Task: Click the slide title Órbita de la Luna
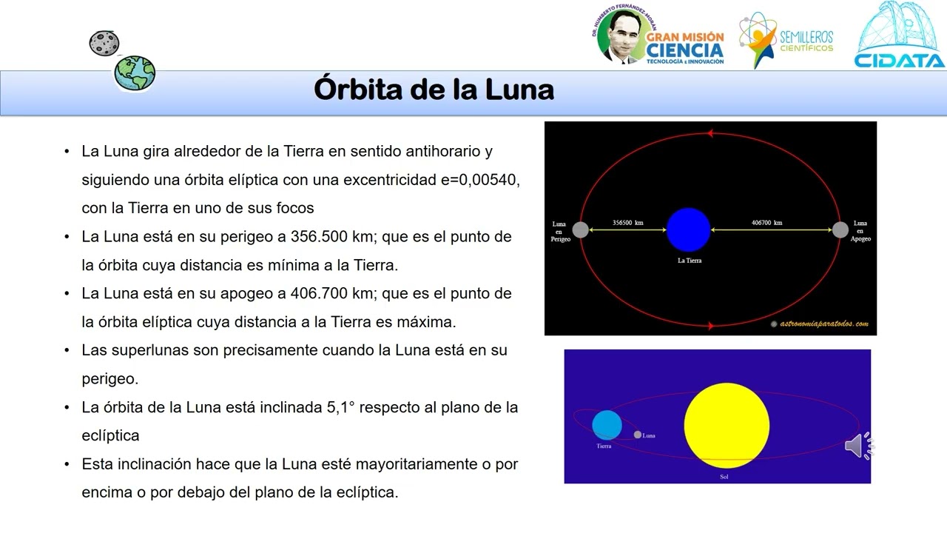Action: (x=434, y=90)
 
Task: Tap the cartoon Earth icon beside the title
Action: (x=135, y=73)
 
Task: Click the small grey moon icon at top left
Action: (x=104, y=43)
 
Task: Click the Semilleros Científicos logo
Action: (x=786, y=40)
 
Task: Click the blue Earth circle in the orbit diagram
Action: (x=688, y=229)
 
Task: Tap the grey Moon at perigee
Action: (x=581, y=229)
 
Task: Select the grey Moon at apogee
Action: (x=840, y=229)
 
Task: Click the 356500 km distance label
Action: (x=627, y=222)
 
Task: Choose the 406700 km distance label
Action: (x=767, y=222)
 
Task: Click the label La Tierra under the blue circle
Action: (x=690, y=261)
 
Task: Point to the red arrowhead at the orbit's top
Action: (x=710, y=134)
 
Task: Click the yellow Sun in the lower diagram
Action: (x=727, y=426)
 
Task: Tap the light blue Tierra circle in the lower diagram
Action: (x=607, y=425)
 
